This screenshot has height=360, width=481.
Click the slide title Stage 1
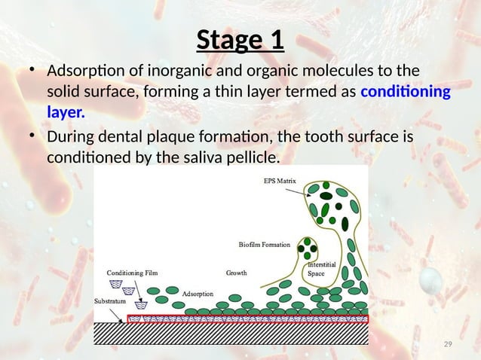240,40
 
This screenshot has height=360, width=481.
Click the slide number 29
448,344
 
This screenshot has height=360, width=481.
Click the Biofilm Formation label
267,244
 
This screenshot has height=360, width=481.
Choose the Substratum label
110,300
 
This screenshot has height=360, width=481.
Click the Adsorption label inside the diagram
198,293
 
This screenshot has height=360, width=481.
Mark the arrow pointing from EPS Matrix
303,190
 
